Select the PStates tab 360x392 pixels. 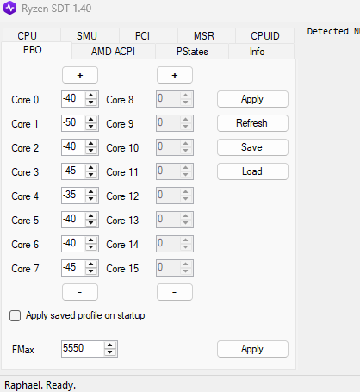pos(192,52)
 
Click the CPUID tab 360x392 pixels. pos(264,36)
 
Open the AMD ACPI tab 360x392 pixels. pos(114,52)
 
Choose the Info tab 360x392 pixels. pos(258,52)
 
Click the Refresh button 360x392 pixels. pos(252,123)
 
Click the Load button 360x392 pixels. pos(252,171)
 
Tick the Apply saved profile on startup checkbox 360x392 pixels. pos(16,315)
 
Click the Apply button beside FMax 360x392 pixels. pos(252,349)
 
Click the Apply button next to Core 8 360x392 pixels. pos(252,99)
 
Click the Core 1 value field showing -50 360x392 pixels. pos(73,123)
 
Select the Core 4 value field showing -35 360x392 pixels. pos(73,196)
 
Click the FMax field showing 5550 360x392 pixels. pos(83,349)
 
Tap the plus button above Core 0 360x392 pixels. pos(80,75)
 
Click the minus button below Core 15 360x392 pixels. pos(175,292)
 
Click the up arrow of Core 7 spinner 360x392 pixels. pos(91,264)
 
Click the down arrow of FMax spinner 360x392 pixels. pos(110,352)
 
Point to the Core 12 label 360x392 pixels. pos(122,196)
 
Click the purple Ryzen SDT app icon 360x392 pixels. pos(9,8)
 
